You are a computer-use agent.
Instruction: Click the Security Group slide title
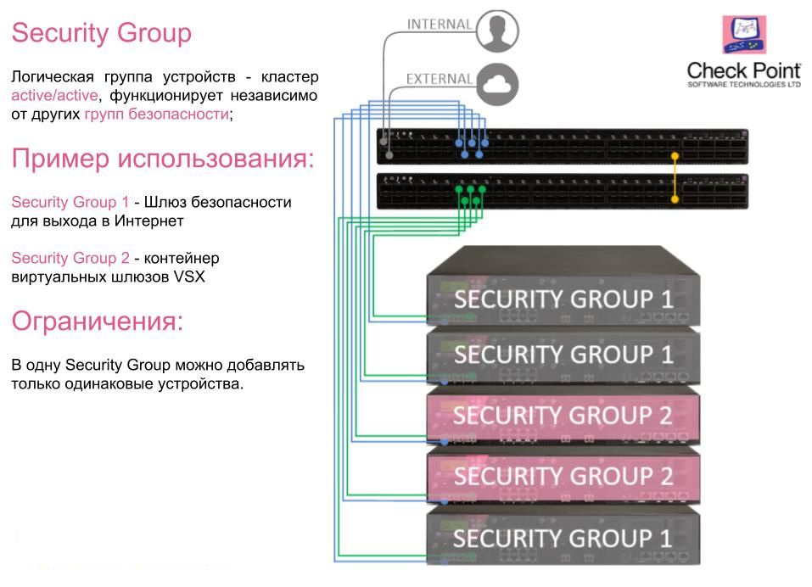pos(101,34)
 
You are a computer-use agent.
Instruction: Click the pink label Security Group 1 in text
pos(70,203)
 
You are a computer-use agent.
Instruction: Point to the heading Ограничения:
pos(98,321)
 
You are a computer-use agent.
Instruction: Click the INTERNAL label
pos(439,25)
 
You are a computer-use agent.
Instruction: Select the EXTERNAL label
pos(439,79)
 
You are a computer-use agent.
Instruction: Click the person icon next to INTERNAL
pos(496,31)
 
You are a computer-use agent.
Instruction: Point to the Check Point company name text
pos(743,72)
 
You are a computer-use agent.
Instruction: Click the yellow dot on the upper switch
pos(675,156)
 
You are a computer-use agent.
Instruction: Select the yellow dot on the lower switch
pos(675,199)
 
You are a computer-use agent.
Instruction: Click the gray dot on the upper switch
pos(389,155)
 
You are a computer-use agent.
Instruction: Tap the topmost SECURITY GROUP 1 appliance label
pos(563,299)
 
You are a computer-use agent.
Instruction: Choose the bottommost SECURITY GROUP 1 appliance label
pos(563,538)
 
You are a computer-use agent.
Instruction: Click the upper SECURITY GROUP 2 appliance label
pos(563,415)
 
